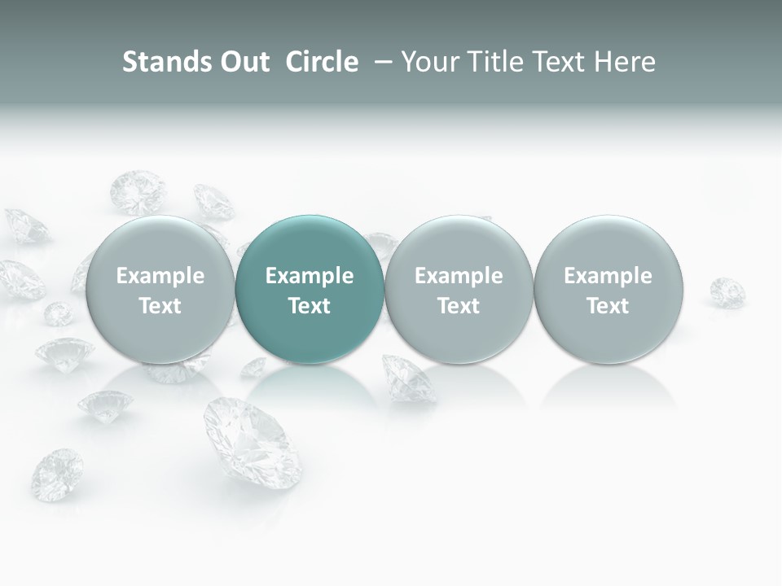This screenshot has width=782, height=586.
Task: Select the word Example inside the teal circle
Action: (x=310, y=276)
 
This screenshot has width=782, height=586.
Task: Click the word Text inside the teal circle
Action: (x=310, y=306)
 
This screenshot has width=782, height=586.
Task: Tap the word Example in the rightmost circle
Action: (x=608, y=276)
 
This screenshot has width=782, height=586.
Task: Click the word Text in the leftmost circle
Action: (x=160, y=306)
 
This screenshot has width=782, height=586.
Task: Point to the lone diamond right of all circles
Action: (x=727, y=291)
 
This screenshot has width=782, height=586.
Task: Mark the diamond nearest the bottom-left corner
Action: (x=57, y=474)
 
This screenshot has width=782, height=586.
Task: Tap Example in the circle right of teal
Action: (x=459, y=276)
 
